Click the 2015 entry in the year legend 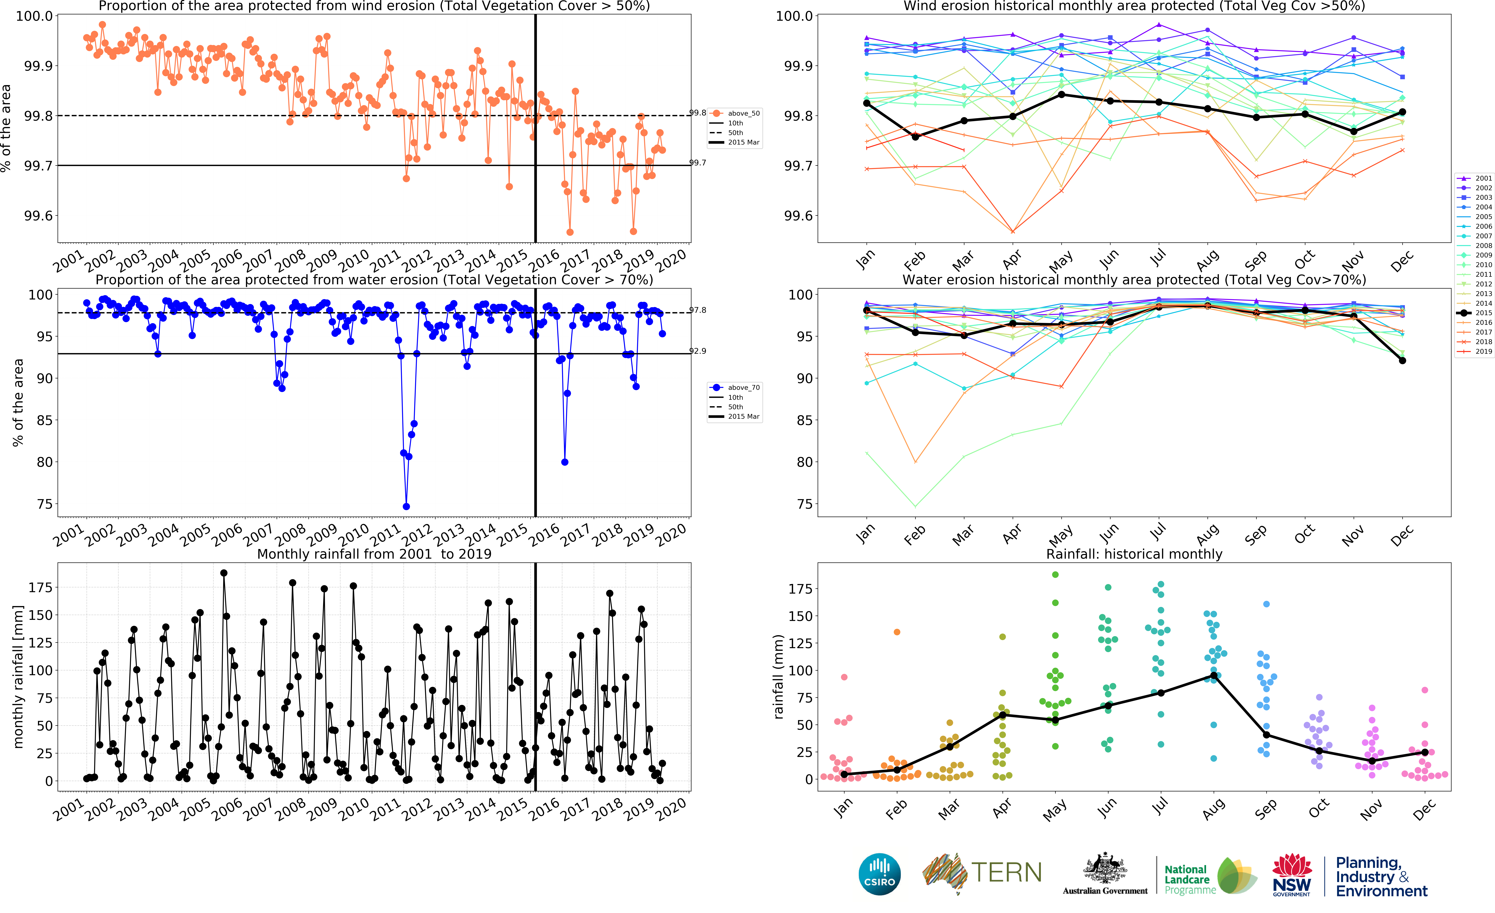click(1483, 313)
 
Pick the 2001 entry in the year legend click(1483, 178)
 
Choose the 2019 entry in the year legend click(1483, 351)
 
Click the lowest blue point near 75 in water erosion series click(406, 507)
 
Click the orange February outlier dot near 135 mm click(897, 632)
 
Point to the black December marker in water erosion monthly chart click(1402, 361)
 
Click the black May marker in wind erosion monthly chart click(1061, 95)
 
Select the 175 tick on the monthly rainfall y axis click(40, 587)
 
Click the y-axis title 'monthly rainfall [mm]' click(18, 676)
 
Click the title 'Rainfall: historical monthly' click(1134, 554)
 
